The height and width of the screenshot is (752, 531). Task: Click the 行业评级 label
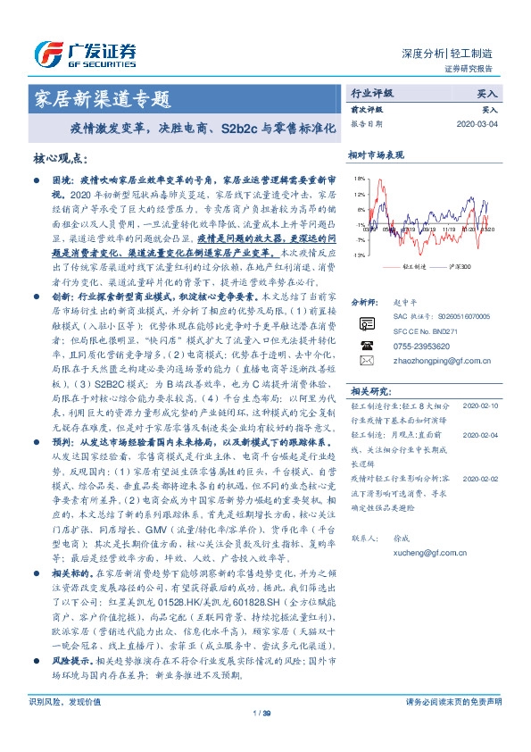(x=372, y=92)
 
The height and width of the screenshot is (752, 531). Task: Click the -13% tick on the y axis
(x=358, y=256)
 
